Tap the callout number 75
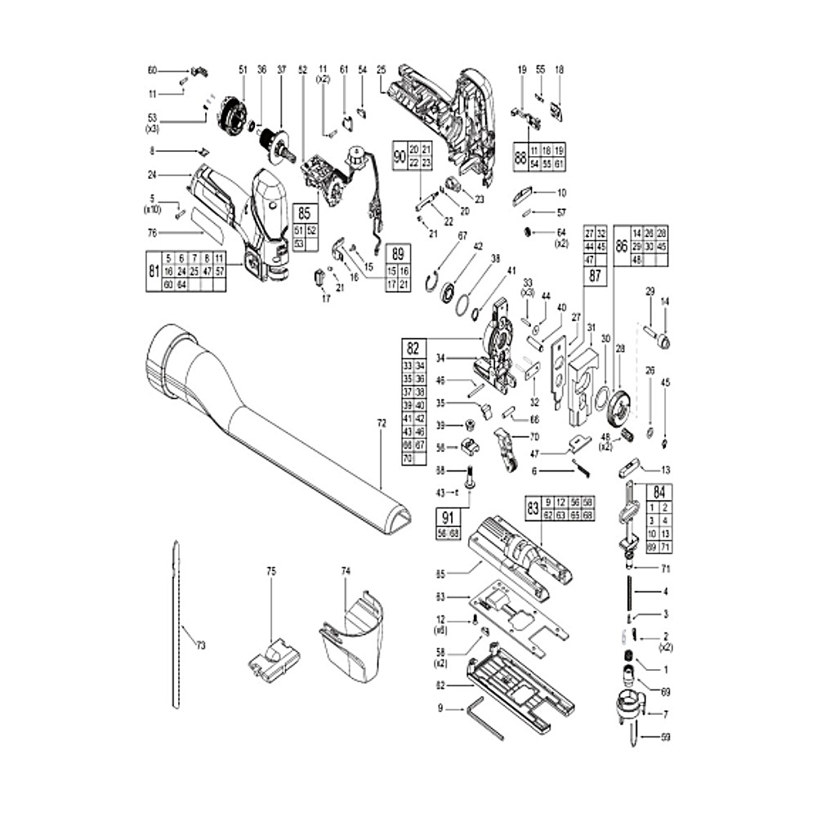click(272, 573)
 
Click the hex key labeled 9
click(482, 718)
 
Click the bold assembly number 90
click(400, 155)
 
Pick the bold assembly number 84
click(658, 493)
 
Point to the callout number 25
click(381, 70)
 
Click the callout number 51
click(243, 70)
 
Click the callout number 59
click(666, 738)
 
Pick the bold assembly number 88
click(521, 158)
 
